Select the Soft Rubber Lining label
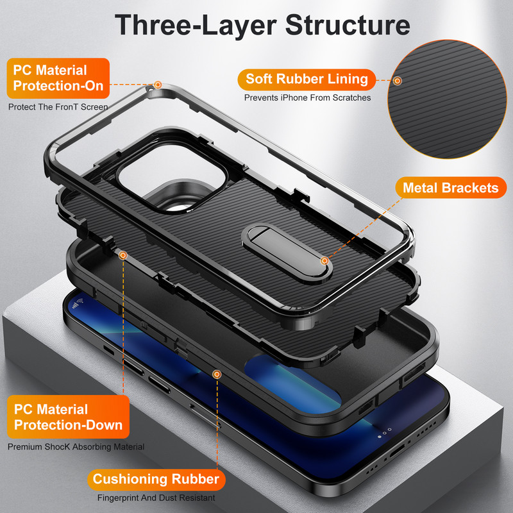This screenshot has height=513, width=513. [307, 80]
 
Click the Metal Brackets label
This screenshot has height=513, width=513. [450, 188]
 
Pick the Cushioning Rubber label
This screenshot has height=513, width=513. [156, 479]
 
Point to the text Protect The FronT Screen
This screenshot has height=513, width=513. [58, 107]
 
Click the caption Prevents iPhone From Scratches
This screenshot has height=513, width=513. [307, 98]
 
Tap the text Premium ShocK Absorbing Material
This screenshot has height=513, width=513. [76, 446]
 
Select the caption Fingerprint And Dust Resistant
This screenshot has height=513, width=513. [156, 498]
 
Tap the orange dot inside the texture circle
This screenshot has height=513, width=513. [398, 81]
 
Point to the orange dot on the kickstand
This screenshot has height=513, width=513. [325, 261]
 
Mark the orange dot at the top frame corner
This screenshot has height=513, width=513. [158, 85]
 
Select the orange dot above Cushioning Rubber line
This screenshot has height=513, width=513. [217, 373]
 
